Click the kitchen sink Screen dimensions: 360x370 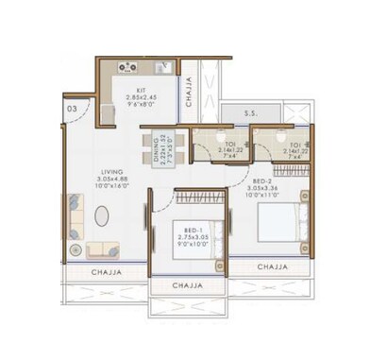161,66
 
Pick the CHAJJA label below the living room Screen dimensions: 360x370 110,272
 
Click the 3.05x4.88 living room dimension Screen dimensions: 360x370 112,179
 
